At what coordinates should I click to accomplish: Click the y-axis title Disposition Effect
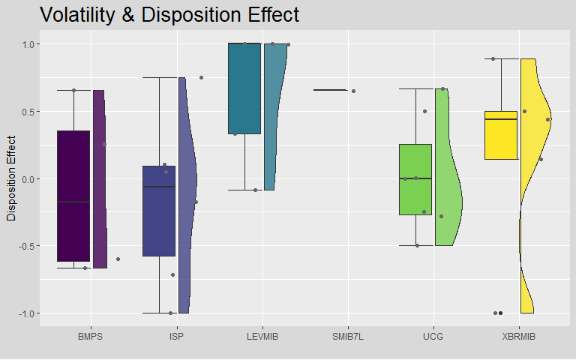(11, 178)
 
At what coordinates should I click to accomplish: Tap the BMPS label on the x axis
(90, 337)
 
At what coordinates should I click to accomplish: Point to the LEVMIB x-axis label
(262, 337)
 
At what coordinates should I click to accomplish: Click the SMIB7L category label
(347, 337)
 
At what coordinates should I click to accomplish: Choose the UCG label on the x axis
(433, 337)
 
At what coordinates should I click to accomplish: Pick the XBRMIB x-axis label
(518, 337)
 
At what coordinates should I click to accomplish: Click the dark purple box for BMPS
(73, 196)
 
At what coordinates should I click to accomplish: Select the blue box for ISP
(159, 211)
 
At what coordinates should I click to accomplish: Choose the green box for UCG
(415, 179)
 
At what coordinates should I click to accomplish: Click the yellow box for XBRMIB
(501, 135)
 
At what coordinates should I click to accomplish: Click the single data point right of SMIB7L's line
(353, 91)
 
